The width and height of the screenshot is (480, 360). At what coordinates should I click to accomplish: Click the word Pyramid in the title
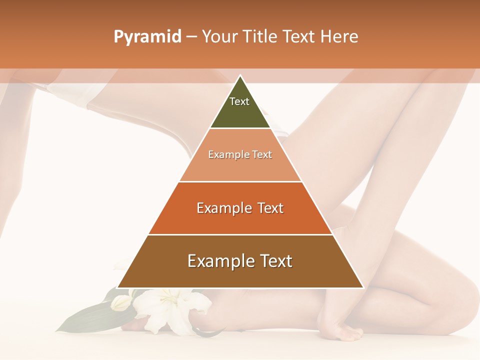point(147,37)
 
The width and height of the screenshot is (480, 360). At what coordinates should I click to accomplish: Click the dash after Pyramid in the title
point(191,37)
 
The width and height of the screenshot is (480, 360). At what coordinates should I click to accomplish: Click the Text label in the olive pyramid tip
point(239,101)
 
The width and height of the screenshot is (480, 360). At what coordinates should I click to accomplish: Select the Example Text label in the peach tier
point(240,154)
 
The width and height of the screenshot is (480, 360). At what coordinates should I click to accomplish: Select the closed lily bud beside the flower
point(120,302)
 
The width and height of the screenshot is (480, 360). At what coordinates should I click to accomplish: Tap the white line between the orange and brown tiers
point(240,234)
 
